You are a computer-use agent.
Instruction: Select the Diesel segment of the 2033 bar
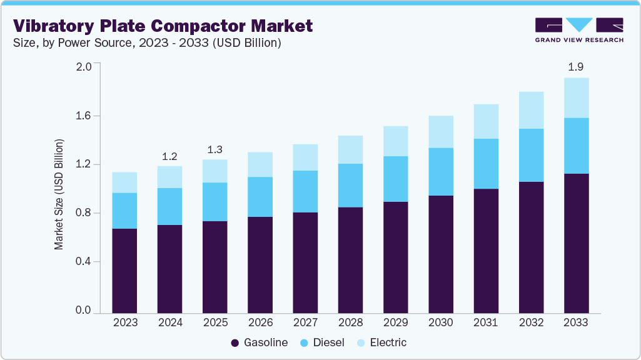click(x=576, y=146)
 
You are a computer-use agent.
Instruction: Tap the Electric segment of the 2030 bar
click(x=441, y=132)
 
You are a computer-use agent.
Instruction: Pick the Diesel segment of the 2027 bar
click(x=305, y=191)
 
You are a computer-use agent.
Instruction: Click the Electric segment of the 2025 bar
click(x=215, y=171)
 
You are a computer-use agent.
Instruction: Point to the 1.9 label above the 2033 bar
click(x=576, y=67)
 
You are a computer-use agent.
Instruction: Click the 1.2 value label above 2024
click(x=170, y=155)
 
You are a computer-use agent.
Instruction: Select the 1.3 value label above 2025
click(x=215, y=149)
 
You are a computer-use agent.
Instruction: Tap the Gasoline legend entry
click(x=260, y=342)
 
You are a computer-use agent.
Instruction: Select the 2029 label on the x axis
click(x=395, y=322)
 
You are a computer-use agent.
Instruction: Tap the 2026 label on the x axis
click(x=260, y=322)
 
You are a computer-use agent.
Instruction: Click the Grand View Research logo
click(x=579, y=30)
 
